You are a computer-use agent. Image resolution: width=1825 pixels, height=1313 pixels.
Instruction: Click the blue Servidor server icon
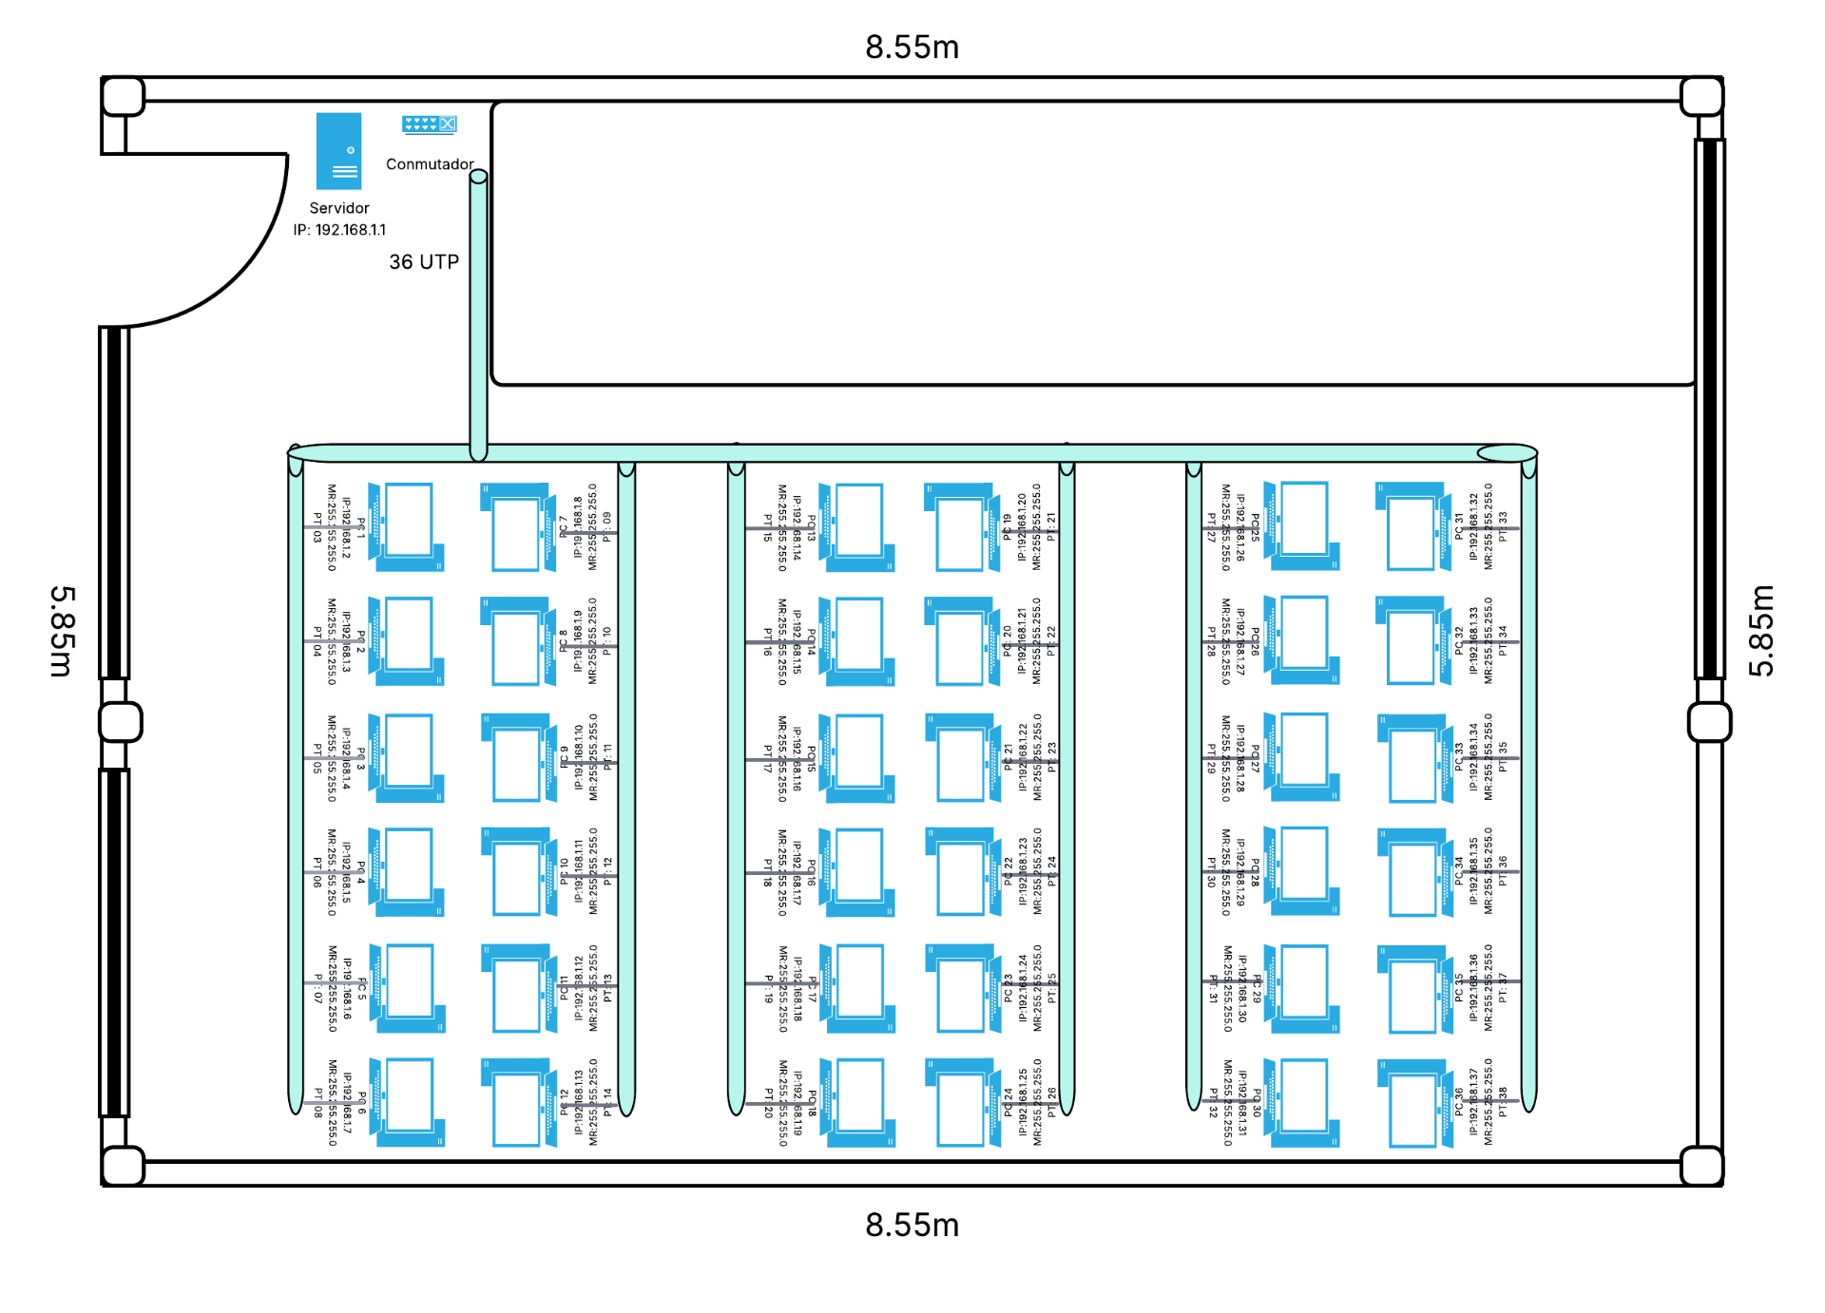(x=338, y=151)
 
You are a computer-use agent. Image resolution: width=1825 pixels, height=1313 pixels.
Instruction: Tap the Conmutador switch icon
(x=429, y=124)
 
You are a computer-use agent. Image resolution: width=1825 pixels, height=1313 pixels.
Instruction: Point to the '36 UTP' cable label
(x=424, y=262)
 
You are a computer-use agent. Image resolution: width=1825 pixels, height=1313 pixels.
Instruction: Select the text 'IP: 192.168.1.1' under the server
(x=339, y=230)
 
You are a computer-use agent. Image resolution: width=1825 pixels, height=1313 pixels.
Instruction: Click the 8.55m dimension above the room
(x=912, y=48)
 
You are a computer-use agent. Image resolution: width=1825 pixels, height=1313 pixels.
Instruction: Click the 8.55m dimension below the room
(x=912, y=1226)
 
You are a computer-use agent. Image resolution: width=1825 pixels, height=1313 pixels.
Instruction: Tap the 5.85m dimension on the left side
(x=62, y=631)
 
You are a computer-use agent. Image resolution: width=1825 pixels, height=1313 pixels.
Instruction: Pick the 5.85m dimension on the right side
(x=1761, y=631)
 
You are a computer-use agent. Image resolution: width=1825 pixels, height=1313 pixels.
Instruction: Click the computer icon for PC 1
(x=407, y=526)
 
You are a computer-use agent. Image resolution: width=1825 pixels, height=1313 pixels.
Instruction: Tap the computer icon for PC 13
(x=857, y=526)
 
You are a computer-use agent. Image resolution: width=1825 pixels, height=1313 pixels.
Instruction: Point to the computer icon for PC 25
(x=1302, y=525)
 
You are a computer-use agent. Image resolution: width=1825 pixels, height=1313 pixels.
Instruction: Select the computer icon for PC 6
(x=408, y=1102)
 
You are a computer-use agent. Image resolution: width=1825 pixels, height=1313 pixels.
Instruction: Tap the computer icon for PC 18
(x=858, y=1102)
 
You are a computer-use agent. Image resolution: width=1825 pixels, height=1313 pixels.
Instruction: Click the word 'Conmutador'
(x=430, y=164)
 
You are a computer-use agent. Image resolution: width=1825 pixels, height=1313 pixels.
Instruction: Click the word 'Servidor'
(x=339, y=208)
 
